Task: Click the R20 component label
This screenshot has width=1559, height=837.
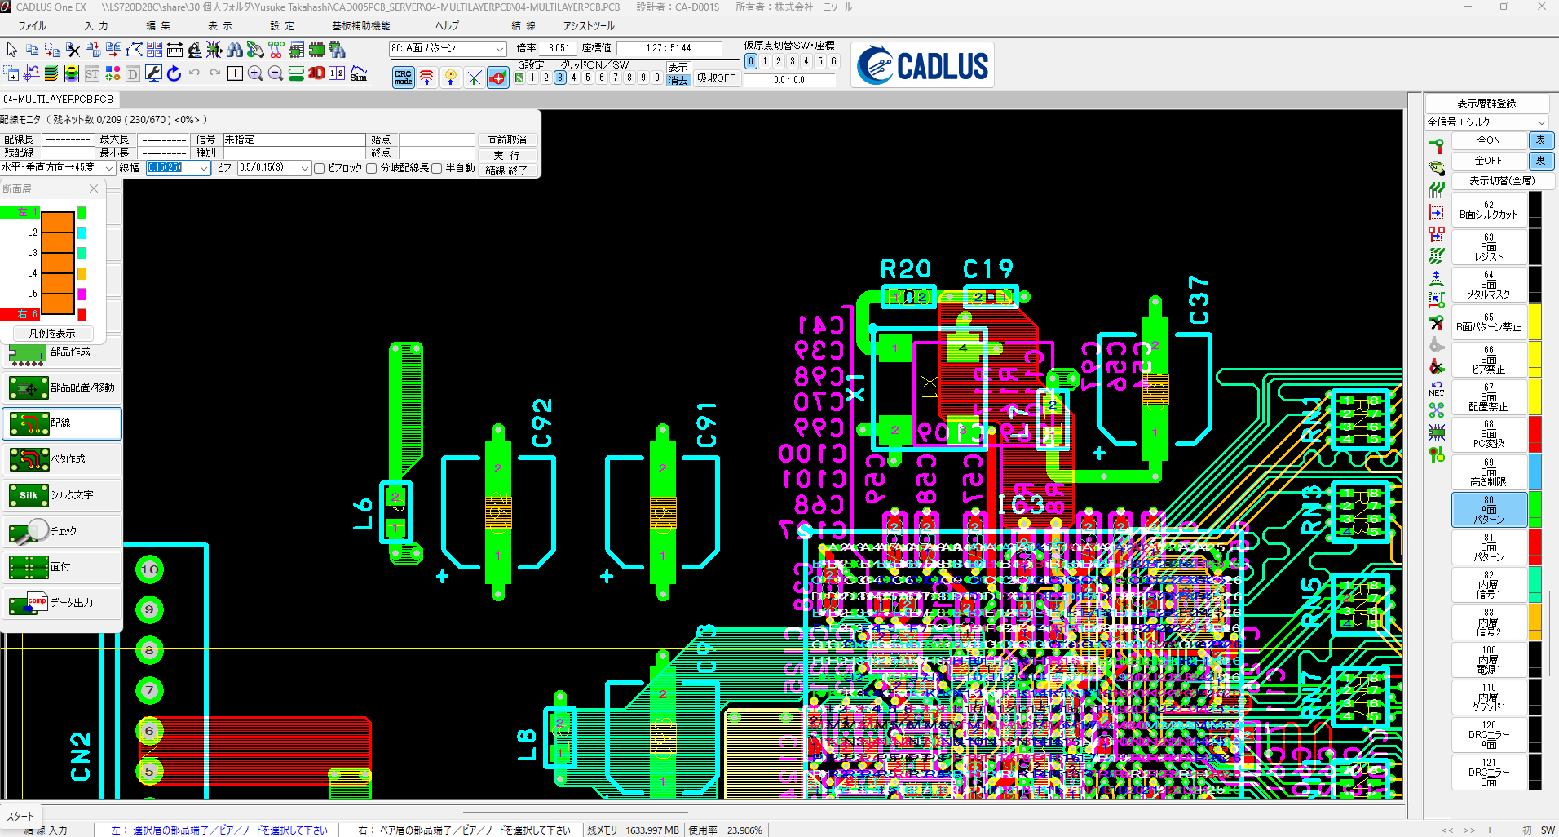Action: coord(905,269)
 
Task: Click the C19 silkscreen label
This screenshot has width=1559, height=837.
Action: coord(987,269)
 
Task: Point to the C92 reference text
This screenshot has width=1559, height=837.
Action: coord(542,423)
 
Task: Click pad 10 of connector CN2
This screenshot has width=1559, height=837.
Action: coord(149,569)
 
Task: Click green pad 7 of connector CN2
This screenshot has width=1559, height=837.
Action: coord(149,691)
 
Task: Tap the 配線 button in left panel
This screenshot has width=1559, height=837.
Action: coord(62,423)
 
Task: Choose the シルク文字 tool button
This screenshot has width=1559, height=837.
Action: coord(62,495)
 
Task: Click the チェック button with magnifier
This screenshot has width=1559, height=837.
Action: coord(62,531)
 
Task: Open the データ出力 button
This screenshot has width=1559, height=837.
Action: coord(62,603)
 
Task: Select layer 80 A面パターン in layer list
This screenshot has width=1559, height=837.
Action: coord(1488,510)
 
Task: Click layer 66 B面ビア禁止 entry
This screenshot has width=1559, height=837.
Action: coord(1488,360)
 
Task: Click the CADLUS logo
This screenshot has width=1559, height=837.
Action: coord(924,65)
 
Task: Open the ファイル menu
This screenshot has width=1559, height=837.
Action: coord(32,26)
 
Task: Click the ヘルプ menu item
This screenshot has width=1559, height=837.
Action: coord(446,26)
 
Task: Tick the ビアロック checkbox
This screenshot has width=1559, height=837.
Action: coord(320,168)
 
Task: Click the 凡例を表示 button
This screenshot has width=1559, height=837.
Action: coord(52,333)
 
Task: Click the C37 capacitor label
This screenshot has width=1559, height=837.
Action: coord(1198,300)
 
